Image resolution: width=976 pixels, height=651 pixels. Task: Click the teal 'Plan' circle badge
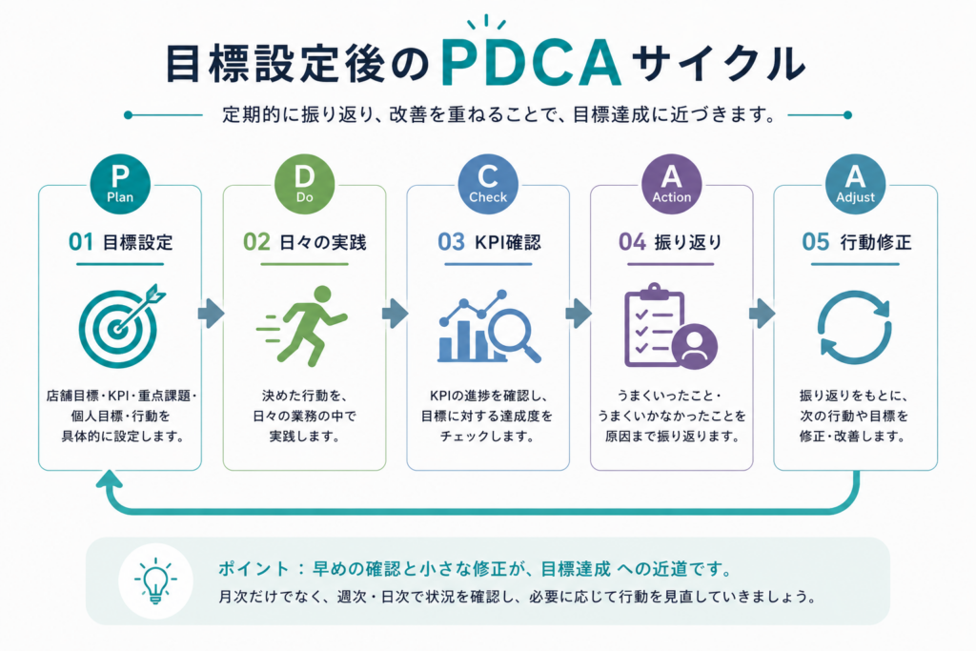120,184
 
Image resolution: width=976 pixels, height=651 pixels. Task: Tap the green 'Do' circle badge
304,184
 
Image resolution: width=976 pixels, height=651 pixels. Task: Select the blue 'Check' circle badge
488,184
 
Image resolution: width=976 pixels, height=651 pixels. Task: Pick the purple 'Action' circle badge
672,184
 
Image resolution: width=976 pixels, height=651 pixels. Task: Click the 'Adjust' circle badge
855,184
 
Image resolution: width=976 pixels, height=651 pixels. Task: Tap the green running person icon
303,325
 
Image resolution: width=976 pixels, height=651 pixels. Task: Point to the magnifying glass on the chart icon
514,335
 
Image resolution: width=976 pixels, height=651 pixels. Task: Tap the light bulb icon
155,580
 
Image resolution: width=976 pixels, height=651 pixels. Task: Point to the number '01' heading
80,241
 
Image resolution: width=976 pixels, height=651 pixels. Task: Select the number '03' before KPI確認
451,241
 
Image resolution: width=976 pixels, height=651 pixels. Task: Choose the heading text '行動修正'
876,242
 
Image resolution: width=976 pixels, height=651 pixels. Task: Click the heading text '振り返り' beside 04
688,242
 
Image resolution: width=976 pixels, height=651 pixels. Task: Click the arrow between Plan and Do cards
211,313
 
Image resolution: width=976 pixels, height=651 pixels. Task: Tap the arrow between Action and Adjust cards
762,313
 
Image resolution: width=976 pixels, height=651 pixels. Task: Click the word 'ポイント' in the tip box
254,569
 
